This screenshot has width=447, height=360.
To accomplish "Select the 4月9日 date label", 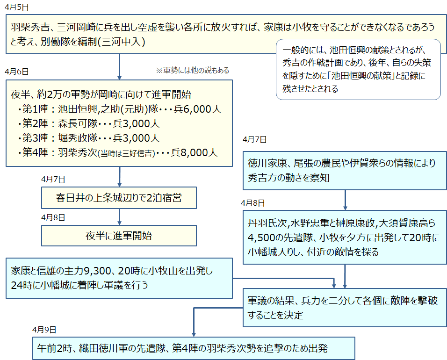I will click(44, 330).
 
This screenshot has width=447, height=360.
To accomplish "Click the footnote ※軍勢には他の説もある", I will click(192, 71).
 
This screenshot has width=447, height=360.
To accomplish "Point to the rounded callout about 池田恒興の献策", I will click(358, 69).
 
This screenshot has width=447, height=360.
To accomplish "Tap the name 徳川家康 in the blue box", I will click(267, 164).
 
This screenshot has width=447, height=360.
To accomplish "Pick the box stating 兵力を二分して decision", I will click(345, 308).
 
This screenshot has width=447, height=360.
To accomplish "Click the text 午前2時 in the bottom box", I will click(53, 348).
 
